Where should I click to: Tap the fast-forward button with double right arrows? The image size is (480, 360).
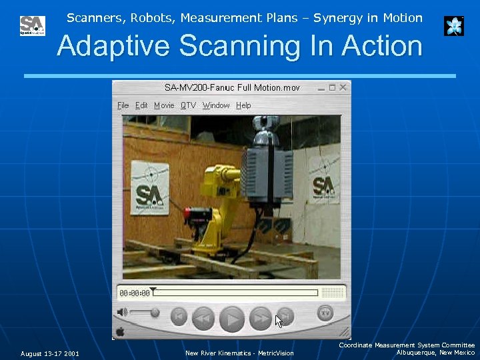[x=260, y=319]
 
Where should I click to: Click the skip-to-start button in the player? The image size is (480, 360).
[x=179, y=316]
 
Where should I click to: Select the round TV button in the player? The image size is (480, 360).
[x=325, y=312]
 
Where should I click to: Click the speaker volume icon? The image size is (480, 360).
[x=122, y=312]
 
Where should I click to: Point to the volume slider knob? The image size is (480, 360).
[x=155, y=312]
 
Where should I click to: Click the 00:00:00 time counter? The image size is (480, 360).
[x=134, y=293]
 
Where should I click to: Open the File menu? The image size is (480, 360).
[x=123, y=105]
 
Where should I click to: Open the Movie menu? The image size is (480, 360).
[x=164, y=105]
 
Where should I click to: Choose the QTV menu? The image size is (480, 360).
[x=188, y=105]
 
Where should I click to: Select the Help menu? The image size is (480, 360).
[x=243, y=105]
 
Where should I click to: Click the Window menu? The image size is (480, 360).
[x=216, y=105]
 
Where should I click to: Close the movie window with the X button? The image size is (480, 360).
[x=343, y=87]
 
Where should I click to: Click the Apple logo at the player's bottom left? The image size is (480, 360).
[x=121, y=331]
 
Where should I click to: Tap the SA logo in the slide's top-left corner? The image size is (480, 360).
[x=32, y=26]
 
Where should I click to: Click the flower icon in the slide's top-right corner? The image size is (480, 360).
[x=454, y=26]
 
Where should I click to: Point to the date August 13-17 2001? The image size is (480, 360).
[x=49, y=353]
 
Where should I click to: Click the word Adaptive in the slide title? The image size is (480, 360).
[x=113, y=47]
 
